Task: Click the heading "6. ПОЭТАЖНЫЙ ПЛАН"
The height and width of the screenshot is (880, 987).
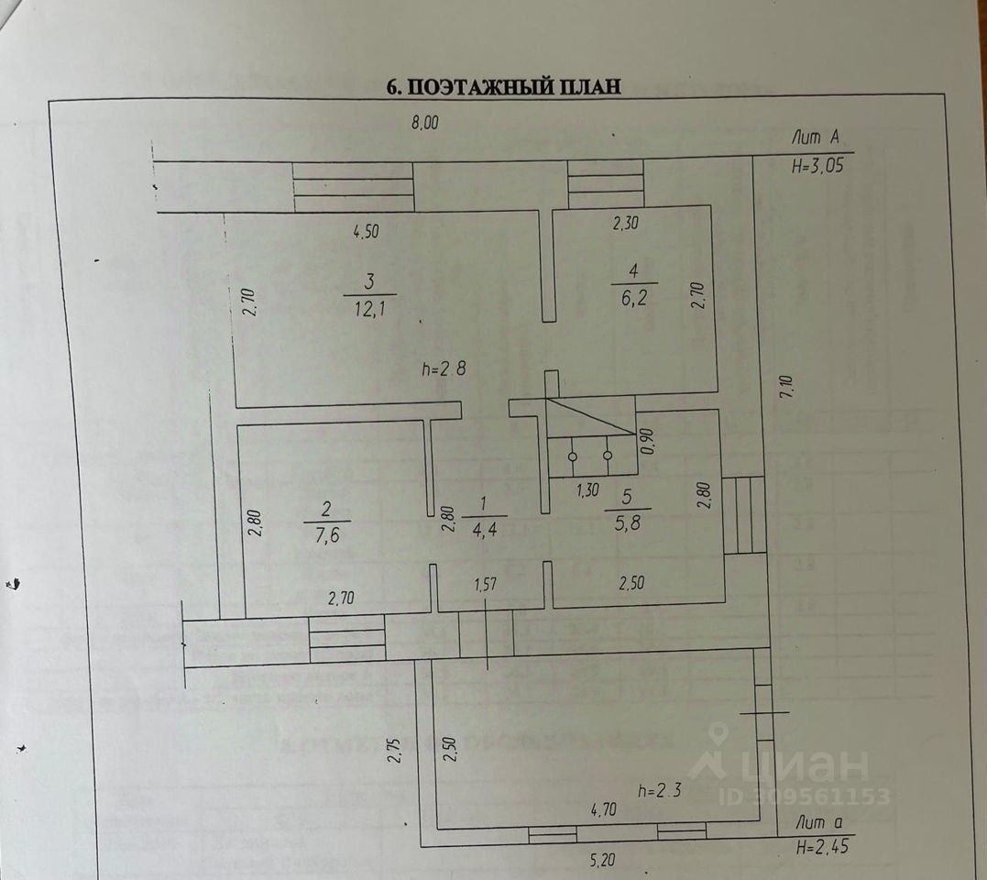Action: (x=503, y=86)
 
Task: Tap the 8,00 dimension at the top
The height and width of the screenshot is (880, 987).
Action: (x=425, y=122)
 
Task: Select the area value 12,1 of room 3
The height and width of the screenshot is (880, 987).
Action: (x=369, y=309)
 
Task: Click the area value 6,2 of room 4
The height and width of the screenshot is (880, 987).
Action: (x=634, y=298)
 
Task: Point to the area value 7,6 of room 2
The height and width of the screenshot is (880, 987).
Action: (x=327, y=535)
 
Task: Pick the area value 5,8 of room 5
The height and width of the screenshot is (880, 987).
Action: (x=628, y=522)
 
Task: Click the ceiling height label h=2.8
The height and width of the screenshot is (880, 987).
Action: (x=444, y=368)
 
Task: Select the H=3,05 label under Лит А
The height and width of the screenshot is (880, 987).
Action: (x=817, y=166)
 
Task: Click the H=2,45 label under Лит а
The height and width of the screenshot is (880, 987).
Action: (x=823, y=847)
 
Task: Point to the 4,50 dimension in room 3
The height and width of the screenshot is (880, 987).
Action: (x=366, y=231)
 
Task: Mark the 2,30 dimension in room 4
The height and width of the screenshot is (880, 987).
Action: (x=626, y=223)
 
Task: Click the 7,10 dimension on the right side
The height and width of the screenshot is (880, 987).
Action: (x=787, y=387)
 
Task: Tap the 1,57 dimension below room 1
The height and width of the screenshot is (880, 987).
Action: (x=486, y=584)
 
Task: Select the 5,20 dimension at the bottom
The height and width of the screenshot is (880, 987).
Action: (x=602, y=859)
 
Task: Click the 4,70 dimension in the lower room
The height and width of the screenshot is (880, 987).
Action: (x=604, y=808)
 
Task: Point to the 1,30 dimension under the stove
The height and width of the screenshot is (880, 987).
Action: (x=588, y=489)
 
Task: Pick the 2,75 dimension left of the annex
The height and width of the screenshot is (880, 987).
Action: (x=395, y=750)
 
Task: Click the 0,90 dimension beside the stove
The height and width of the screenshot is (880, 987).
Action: (x=648, y=441)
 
